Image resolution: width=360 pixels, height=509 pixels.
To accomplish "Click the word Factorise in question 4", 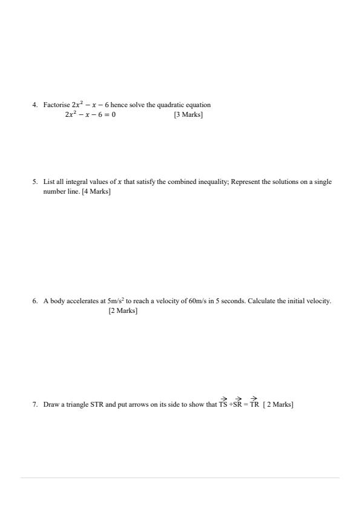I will coord(56,105).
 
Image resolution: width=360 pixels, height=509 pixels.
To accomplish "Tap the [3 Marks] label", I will coord(188,114).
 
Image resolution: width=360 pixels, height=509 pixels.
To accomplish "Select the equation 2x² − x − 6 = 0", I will coord(90,114).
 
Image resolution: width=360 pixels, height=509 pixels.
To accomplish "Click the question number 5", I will coord(35,182).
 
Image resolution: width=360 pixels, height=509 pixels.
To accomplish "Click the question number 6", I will coord(35,301).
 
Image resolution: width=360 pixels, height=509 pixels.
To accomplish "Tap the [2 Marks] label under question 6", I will coord(123,310).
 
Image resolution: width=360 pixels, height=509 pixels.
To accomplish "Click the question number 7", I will coord(35,404).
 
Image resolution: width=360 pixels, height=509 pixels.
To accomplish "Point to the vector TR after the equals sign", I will coord(254,404).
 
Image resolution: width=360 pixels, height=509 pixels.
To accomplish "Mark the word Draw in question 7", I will coord(51,404).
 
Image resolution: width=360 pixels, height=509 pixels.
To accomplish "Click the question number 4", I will coord(35,105).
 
